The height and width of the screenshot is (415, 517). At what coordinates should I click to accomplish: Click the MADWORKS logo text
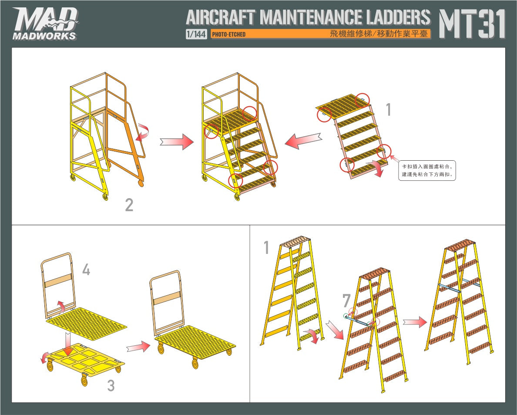pos(44,36)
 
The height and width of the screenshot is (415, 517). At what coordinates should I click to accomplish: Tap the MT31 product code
pos(472,24)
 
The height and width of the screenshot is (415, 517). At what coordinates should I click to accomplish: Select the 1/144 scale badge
pos(196,34)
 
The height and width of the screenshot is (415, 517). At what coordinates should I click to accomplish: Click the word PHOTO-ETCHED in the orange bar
pos(228,34)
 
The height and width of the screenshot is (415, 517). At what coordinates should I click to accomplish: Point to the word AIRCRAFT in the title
pos(220,17)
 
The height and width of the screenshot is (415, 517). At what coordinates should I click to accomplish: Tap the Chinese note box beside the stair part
pos(427,171)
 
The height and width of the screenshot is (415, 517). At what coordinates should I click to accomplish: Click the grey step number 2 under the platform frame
pos(129,205)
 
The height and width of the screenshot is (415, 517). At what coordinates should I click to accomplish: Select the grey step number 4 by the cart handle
pos(86,270)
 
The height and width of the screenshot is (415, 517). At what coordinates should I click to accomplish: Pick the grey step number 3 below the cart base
pos(111,385)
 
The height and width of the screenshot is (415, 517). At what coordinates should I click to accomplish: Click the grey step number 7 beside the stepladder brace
pos(346,300)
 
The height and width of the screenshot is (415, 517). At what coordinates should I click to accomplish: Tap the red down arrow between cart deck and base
pos(67,344)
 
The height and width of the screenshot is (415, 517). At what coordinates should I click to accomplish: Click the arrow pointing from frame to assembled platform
pos(177,142)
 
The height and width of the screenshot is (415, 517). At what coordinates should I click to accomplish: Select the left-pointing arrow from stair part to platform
pos(303,141)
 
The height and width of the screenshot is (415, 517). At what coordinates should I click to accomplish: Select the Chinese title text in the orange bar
pos(379,34)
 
